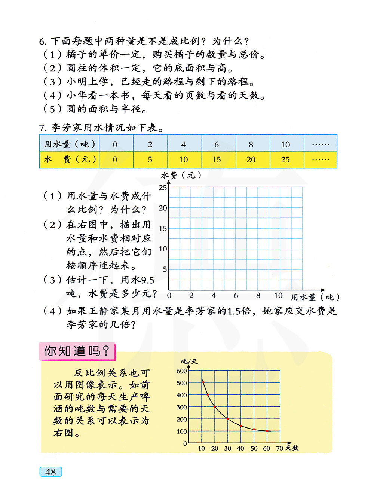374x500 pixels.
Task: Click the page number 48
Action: (x=50, y=472)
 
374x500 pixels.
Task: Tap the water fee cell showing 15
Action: (x=217, y=160)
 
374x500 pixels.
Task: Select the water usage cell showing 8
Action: (x=251, y=144)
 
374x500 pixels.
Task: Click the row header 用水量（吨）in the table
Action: (x=70, y=144)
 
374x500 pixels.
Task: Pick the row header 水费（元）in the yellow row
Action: (x=70, y=159)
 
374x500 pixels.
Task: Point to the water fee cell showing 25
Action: (x=285, y=160)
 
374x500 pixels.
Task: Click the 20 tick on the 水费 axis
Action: (x=163, y=208)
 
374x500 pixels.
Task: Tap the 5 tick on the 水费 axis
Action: (x=165, y=269)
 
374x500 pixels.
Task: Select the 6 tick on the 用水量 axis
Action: (x=236, y=296)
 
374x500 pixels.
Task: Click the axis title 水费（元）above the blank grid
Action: (x=181, y=175)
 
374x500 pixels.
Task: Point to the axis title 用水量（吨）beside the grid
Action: (x=315, y=297)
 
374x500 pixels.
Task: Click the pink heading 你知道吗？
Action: (x=77, y=351)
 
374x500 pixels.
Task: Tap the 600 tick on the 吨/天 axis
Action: (x=182, y=371)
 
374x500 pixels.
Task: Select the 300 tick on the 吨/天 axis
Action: (x=182, y=407)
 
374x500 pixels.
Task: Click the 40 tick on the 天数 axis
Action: (x=240, y=448)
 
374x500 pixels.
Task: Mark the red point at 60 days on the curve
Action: (x=267, y=431)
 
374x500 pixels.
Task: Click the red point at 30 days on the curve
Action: (x=228, y=419)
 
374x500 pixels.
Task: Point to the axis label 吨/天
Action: (x=189, y=362)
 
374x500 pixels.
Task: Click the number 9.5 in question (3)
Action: (x=148, y=280)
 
